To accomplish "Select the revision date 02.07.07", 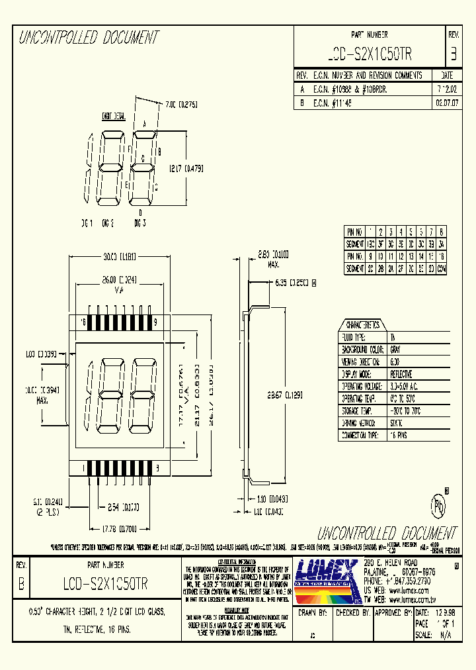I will coord(446,103).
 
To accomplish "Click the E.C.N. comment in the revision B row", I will coord(334,103).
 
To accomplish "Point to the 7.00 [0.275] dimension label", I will coord(182,104).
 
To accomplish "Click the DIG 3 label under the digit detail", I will coord(139,223).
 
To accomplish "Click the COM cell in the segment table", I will coord(441,269).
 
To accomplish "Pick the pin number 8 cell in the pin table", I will coord(441,232).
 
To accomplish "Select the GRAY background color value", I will coord(395,349).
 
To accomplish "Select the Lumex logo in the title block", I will coord(326,581).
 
